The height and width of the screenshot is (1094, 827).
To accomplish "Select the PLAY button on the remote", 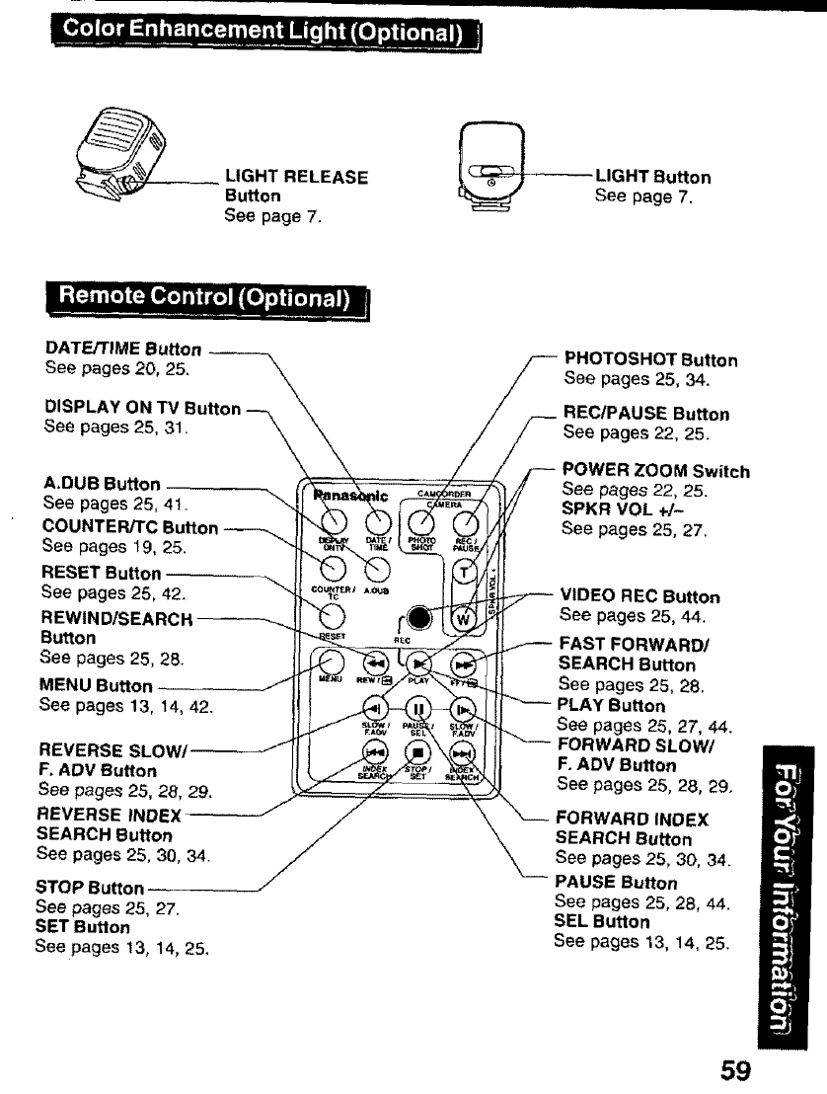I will (x=419, y=664).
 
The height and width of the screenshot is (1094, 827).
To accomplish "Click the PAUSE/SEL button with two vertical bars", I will (x=417, y=708).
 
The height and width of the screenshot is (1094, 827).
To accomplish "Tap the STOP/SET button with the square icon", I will (x=417, y=755).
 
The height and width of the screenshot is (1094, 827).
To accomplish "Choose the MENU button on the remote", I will (x=334, y=664).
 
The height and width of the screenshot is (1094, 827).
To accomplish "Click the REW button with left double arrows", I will (x=376, y=664).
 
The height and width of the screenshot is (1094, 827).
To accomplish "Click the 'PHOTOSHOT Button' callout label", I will (x=650, y=360).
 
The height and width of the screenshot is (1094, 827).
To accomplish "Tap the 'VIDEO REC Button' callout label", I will (x=639, y=596).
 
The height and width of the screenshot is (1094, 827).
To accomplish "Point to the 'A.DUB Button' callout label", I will (x=103, y=484).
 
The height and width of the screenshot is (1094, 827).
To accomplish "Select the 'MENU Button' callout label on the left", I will (x=96, y=685).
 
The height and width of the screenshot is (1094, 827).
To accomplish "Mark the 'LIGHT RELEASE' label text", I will (x=296, y=178).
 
